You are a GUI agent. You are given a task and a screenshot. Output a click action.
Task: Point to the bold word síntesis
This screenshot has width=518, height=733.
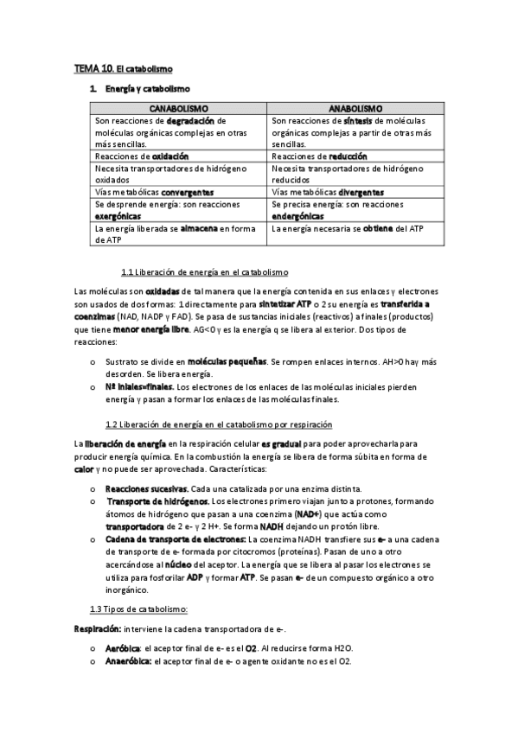(357, 121)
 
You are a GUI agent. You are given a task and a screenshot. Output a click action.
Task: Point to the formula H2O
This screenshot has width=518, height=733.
(344, 649)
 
